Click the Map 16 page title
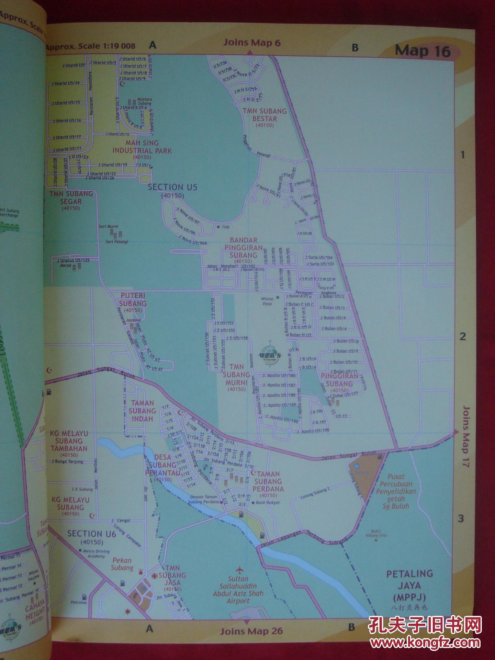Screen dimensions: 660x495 pos(422,51)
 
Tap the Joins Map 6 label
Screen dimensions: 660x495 pos(252,42)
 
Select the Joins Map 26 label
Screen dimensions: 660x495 pos(251,631)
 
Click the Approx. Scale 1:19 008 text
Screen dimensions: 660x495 pos(90,46)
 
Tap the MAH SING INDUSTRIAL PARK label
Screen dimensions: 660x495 pos(142,147)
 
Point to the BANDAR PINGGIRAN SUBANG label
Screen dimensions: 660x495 pos(243,247)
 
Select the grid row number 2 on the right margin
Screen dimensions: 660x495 pos(463,337)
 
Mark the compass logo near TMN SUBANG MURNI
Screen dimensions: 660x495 pos(269,354)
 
